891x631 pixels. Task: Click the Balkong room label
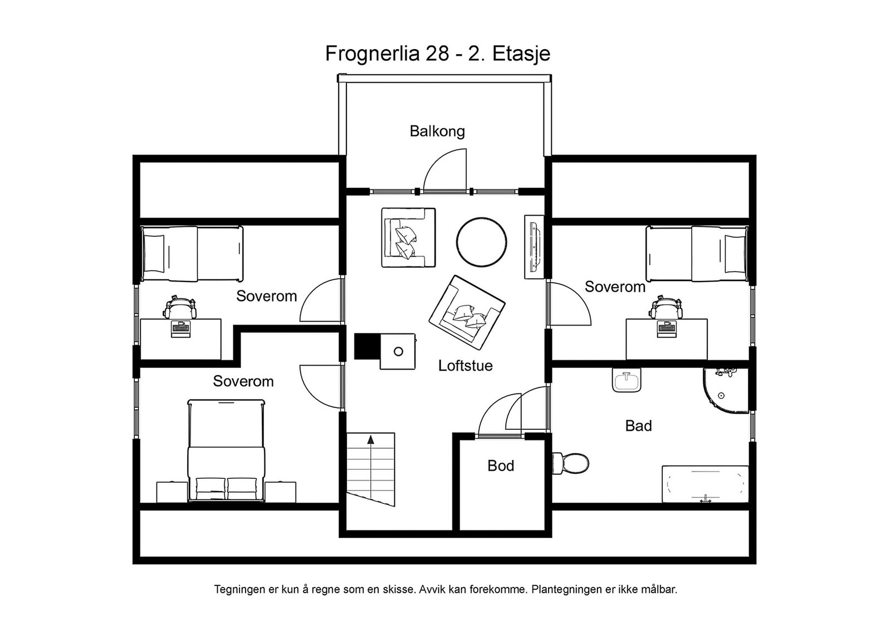pos(437,132)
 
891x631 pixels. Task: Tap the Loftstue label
pos(465,366)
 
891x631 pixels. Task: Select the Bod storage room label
pos(500,466)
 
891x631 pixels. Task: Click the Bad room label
pos(638,426)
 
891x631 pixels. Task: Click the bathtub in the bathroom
pos(705,484)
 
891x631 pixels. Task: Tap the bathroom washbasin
pos(626,381)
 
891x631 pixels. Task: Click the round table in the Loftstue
pos(481,242)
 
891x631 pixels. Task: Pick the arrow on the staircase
pos(370,446)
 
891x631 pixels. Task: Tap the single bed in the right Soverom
pos(696,254)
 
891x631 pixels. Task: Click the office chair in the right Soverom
pos(666,308)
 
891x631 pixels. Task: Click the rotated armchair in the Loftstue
pos(467,312)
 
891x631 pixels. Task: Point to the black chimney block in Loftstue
pos(366,346)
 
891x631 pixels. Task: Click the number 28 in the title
pos(437,54)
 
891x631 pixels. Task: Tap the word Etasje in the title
pos(521,54)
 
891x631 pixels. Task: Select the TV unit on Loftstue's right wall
pos(534,246)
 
